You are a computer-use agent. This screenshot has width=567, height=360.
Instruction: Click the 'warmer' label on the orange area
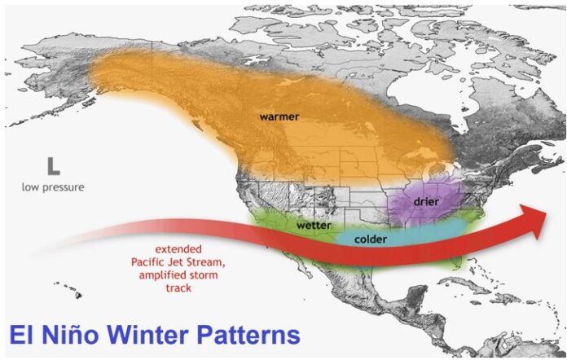(279, 116)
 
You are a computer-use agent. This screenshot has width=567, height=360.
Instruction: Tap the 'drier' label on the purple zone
(426, 201)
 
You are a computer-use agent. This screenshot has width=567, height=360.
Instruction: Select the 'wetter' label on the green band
(314, 225)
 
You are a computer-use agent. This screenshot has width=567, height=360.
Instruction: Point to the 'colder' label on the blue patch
(371, 239)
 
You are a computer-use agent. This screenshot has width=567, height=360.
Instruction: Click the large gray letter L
(53, 166)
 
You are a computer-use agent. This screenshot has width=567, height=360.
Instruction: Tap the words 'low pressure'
(53, 187)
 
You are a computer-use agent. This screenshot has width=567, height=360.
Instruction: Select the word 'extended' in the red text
(178, 249)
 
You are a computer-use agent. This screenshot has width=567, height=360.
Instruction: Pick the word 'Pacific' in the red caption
(148, 261)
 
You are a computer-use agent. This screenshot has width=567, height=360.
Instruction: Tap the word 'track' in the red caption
(178, 288)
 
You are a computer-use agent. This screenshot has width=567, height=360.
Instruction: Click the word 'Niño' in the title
(70, 335)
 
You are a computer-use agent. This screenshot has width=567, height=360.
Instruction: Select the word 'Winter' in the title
(147, 335)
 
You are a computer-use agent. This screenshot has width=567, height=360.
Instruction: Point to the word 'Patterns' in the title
(248, 335)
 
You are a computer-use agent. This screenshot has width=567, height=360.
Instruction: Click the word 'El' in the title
(22, 335)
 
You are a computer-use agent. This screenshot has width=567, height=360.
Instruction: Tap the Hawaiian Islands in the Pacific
(68, 290)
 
